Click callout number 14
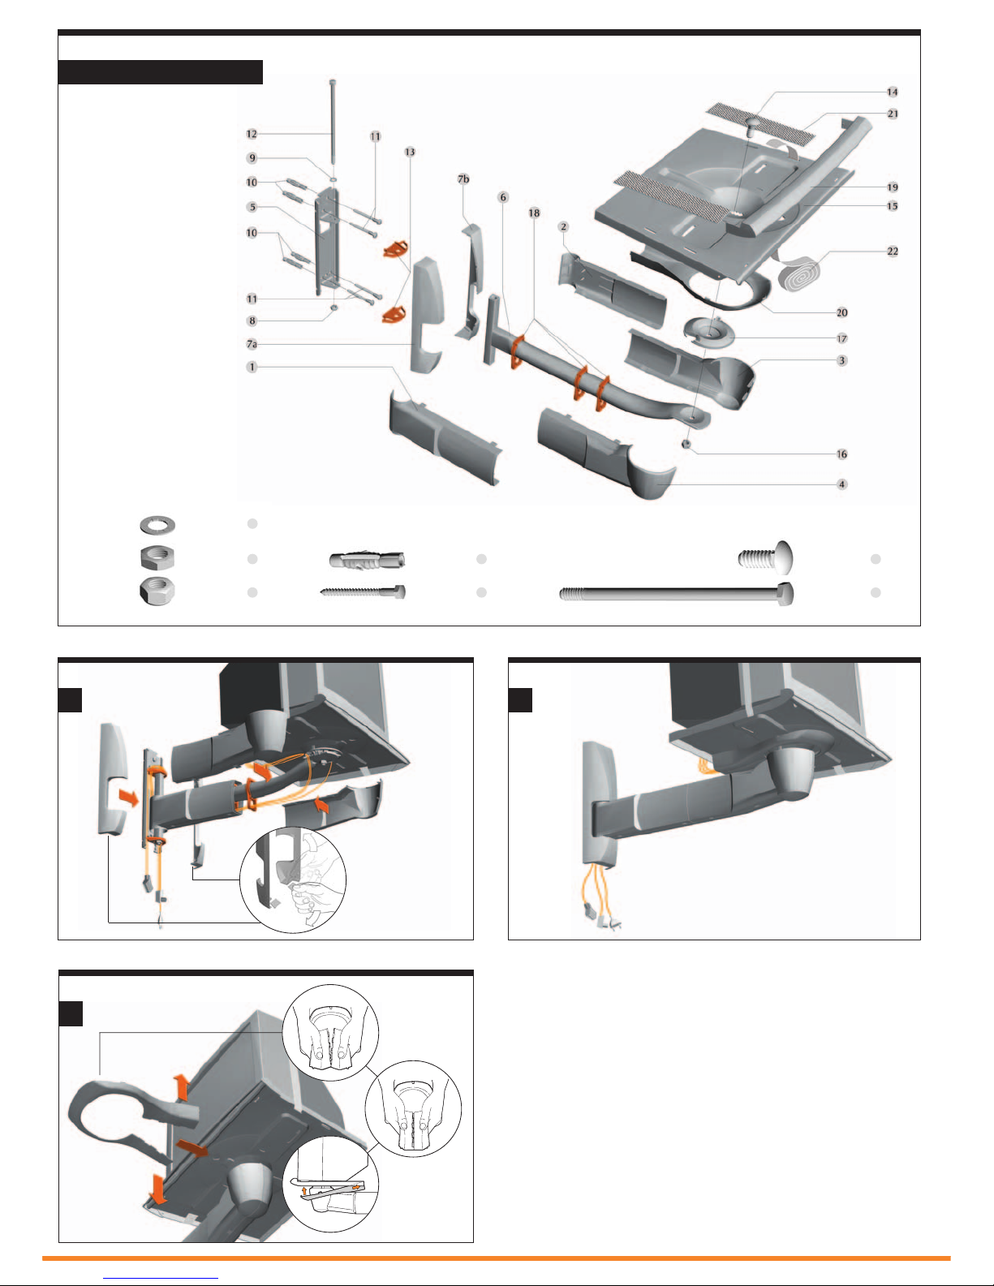(x=893, y=92)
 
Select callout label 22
(x=893, y=252)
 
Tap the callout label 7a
(x=252, y=344)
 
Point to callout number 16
(x=842, y=454)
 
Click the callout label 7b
(x=463, y=178)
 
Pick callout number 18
(x=534, y=213)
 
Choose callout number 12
(x=252, y=135)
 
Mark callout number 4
(x=842, y=484)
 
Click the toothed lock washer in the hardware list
(x=157, y=525)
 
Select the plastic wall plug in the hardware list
(x=367, y=560)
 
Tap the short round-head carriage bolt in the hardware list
(x=766, y=557)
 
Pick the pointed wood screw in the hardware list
(x=363, y=591)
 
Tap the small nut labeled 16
(x=686, y=443)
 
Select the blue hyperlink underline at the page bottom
(x=161, y=1279)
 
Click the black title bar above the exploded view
(x=161, y=72)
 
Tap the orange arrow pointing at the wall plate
(x=129, y=797)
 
